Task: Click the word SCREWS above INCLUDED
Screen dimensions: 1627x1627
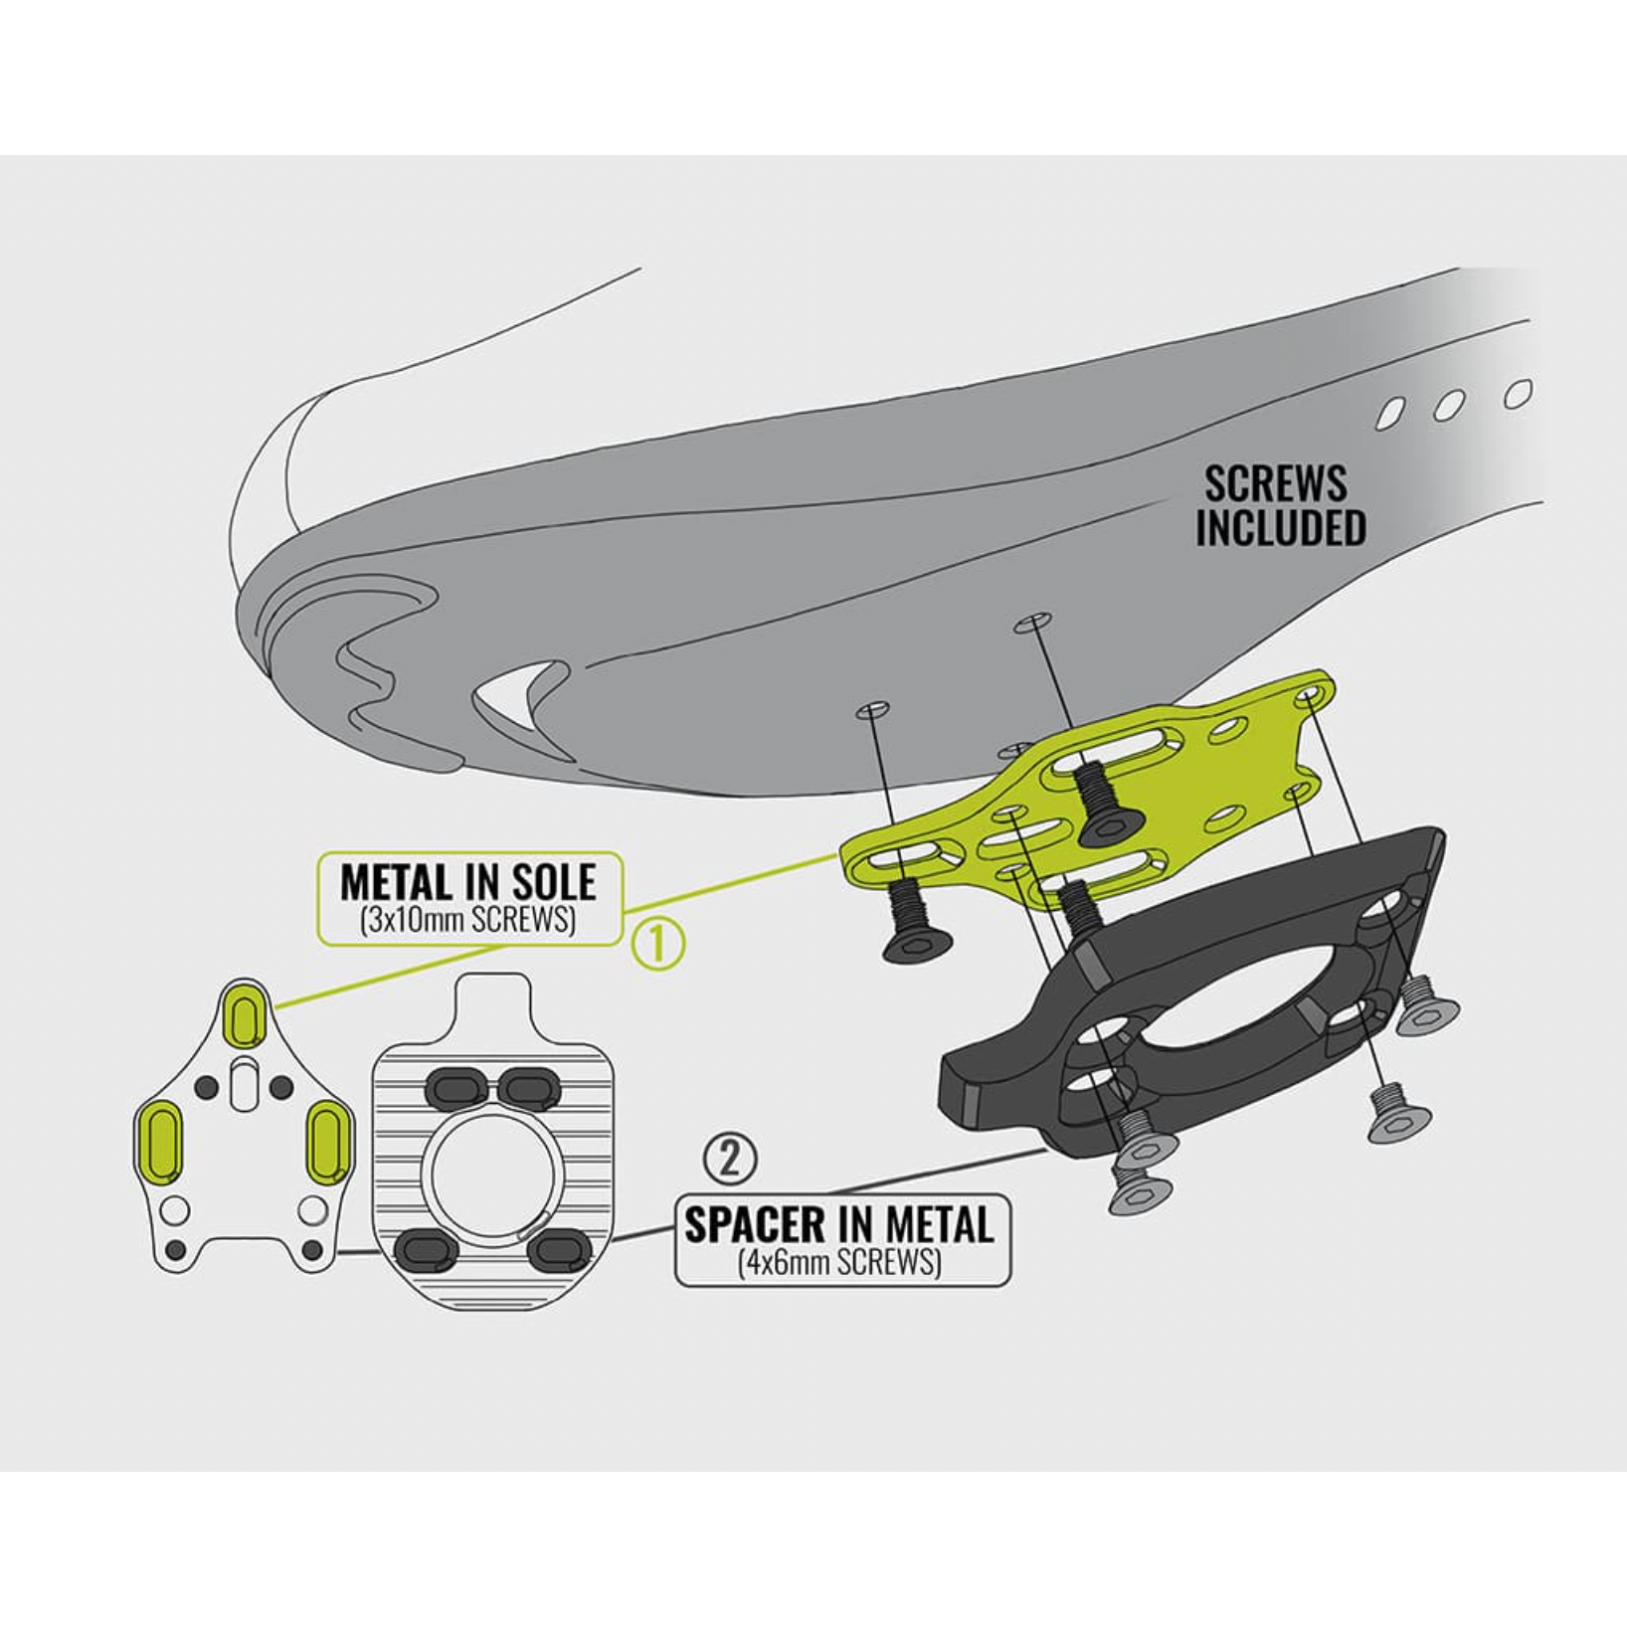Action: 1276,483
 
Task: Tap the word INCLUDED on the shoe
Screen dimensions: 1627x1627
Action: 1281,527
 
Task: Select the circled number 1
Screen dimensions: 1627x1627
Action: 659,944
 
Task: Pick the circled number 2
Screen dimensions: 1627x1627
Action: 730,1159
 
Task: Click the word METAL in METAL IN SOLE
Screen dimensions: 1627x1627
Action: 395,882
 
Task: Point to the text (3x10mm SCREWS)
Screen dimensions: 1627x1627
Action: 468,920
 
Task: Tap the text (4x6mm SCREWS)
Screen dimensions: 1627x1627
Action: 840,1262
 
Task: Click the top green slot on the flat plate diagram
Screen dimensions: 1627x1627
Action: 243,1014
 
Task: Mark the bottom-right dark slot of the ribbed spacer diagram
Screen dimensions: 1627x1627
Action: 559,1250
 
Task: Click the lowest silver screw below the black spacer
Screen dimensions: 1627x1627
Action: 1141,1190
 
